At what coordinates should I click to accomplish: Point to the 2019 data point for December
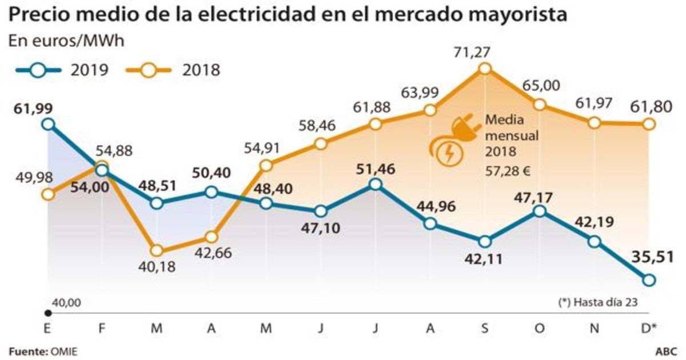tap(648, 279)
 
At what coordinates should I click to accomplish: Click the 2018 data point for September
tap(485, 69)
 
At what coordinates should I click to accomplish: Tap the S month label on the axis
tap(485, 330)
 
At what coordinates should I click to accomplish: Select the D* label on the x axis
tap(649, 330)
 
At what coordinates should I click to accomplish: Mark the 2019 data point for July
tap(375, 183)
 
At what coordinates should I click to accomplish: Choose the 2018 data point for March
tap(156, 250)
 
